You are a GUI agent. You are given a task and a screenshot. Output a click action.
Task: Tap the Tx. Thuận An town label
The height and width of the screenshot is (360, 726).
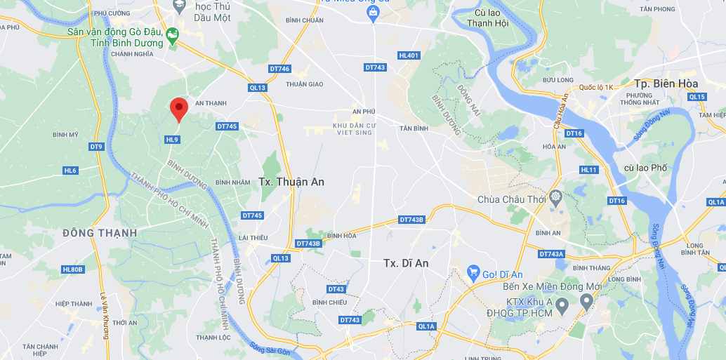click(291, 182)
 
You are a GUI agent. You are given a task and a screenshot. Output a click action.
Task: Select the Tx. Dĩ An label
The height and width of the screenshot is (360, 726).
click(406, 263)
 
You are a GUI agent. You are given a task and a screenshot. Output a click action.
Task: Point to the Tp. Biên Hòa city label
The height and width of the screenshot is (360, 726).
click(666, 83)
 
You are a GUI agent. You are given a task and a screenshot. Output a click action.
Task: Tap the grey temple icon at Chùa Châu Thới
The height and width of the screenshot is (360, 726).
click(555, 196)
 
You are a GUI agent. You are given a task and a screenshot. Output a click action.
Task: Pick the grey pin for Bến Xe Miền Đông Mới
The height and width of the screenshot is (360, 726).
click(586, 301)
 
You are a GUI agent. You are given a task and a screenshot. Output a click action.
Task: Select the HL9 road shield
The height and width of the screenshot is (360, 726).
click(172, 140)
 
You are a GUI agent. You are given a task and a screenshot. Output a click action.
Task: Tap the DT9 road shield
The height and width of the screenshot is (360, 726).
click(96, 147)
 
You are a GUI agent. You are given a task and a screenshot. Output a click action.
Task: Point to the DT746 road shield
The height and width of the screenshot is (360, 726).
click(279, 69)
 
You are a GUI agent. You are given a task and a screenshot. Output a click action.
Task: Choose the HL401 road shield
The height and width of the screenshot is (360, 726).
click(409, 55)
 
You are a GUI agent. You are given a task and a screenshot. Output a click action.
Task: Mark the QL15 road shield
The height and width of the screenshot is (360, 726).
click(697, 97)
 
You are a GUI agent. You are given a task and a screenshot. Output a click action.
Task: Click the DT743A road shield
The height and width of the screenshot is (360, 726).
click(551, 254)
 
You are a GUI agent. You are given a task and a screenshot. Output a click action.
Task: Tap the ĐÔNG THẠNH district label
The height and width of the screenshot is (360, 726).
click(100, 233)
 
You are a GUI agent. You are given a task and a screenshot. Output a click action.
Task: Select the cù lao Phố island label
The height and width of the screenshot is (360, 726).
click(645, 168)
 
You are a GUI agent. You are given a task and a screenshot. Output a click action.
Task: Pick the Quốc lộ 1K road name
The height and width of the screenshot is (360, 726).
click(597, 87)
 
